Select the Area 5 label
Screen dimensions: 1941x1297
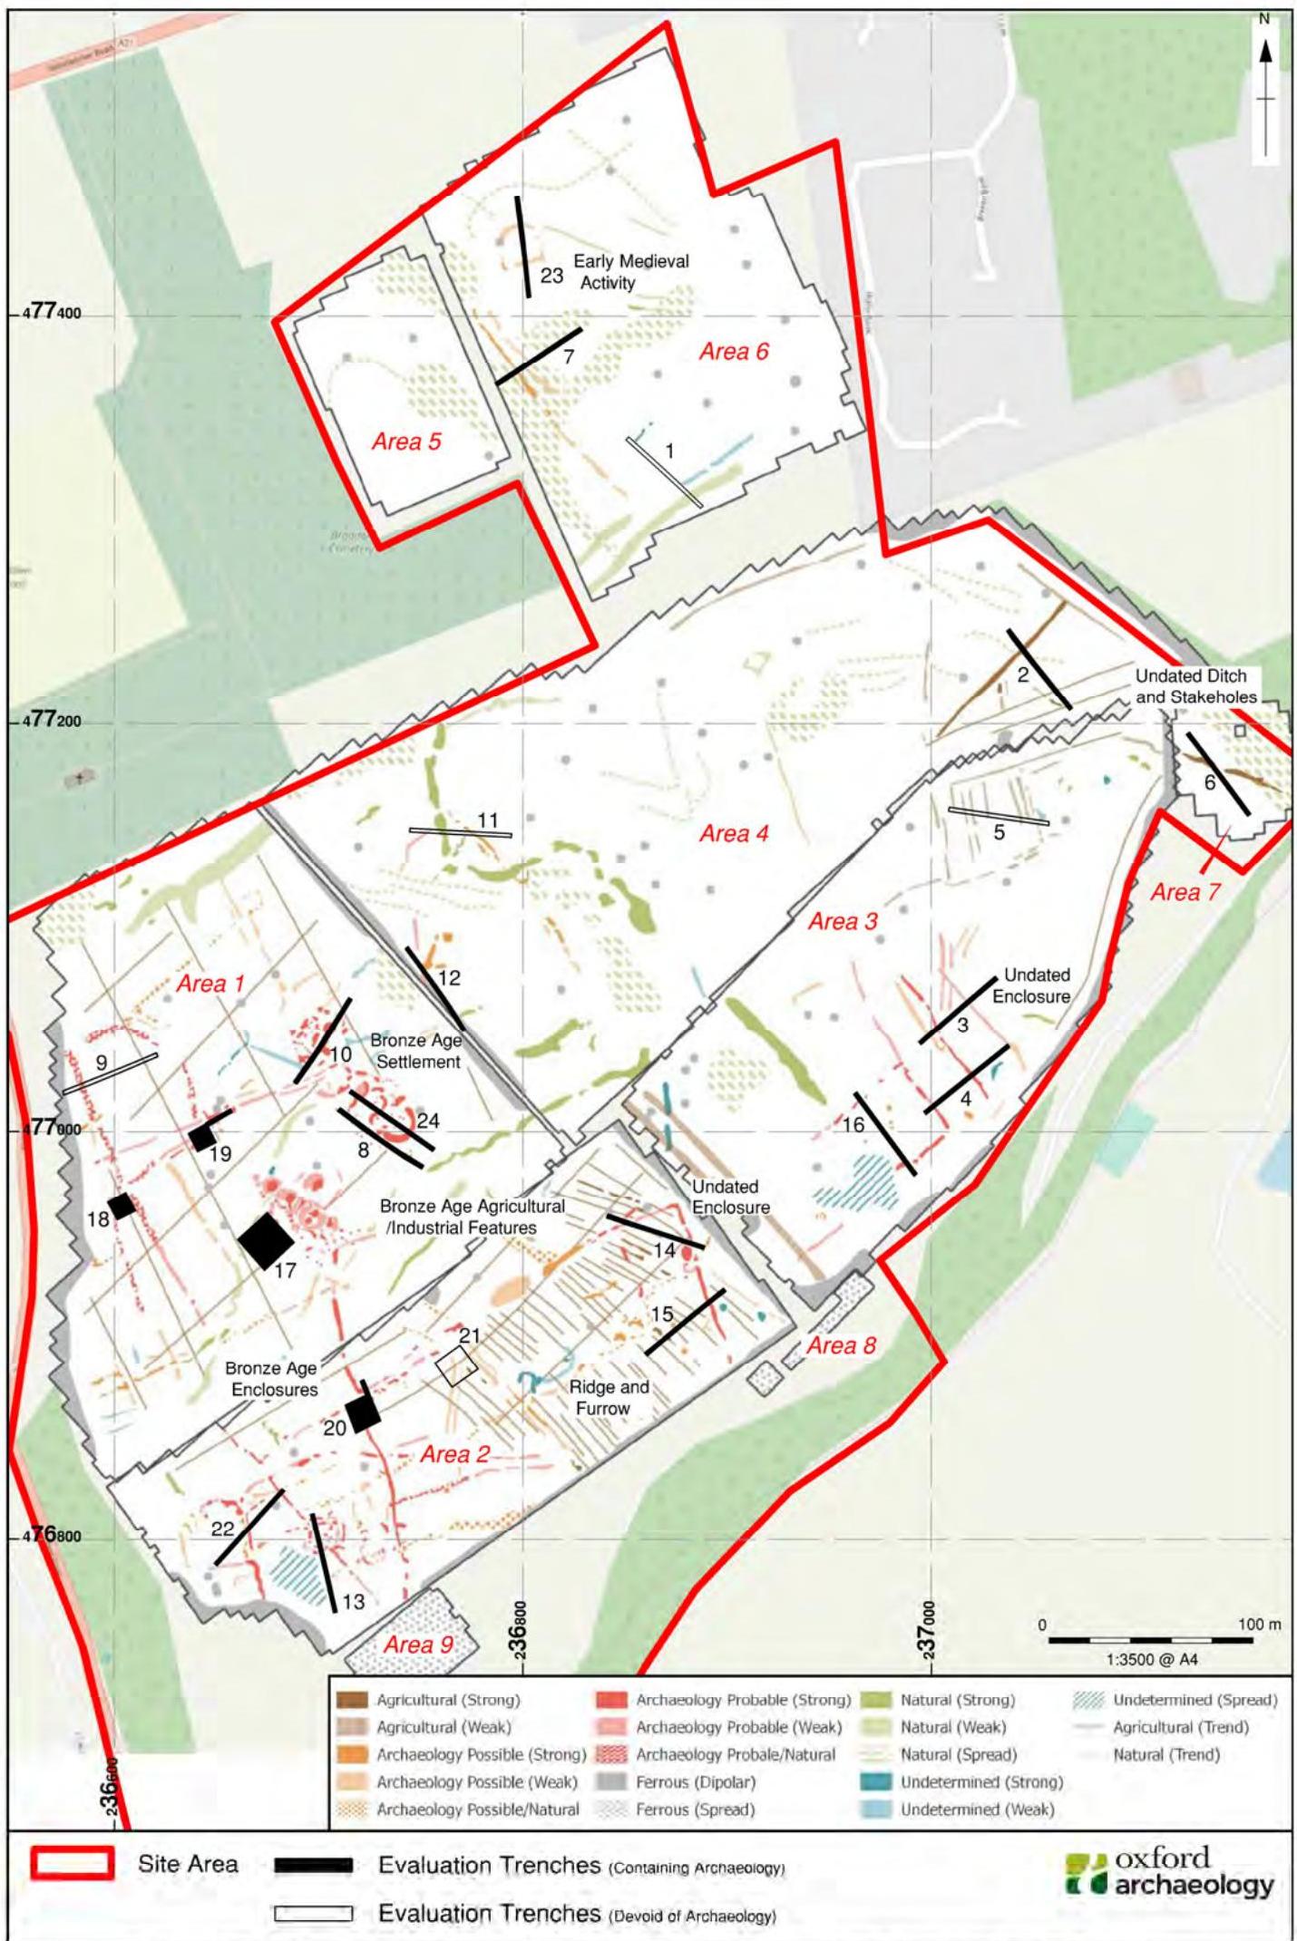click(406, 442)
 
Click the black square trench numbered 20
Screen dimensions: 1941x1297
click(363, 1413)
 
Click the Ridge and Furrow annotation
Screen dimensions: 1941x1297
click(609, 1397)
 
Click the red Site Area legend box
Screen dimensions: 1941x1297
click(72, 1864)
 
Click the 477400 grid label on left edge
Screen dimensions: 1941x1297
click(53, 315)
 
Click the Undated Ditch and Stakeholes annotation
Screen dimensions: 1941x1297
click(1195, 686)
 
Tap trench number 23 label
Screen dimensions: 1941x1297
click(551, 276)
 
